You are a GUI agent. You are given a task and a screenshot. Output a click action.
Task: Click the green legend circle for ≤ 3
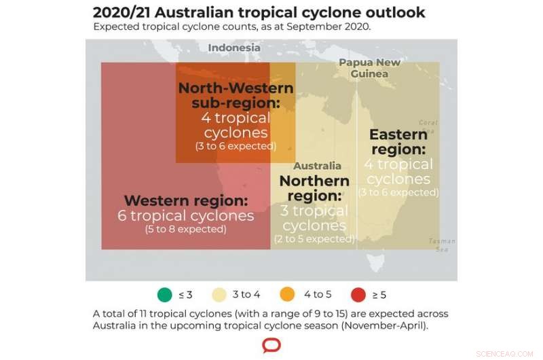pos(165,295)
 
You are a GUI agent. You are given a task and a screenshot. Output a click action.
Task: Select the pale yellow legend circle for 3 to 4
pos(219,295)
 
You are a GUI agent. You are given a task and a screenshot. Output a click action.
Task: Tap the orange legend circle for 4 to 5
pos(288,295)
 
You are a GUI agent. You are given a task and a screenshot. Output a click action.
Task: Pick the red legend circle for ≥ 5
pos(358,295)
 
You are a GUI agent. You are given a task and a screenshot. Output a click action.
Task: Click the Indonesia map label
pos(234,48)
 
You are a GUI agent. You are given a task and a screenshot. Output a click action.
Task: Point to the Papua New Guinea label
pos(369,68)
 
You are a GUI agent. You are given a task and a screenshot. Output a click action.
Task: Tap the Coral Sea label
pos(428,127)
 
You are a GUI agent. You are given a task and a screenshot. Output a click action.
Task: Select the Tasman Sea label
pos(442,245)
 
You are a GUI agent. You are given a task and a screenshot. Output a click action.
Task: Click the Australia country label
pos(317,166)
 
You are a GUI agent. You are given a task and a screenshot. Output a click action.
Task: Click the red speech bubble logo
pos(271,345)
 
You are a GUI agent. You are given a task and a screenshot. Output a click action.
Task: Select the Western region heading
pos(185,201)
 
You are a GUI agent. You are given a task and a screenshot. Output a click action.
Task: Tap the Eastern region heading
pos(398,142)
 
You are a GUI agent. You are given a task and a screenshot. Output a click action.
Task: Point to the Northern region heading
pos(314,188)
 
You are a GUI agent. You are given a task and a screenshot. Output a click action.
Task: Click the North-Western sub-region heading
pos(236,95)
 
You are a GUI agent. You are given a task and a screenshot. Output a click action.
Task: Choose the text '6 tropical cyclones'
pos(185,216)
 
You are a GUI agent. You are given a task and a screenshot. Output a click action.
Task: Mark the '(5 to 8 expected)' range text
pos(185,230)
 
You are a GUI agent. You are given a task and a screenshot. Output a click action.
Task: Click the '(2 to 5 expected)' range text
pos(314,239)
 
